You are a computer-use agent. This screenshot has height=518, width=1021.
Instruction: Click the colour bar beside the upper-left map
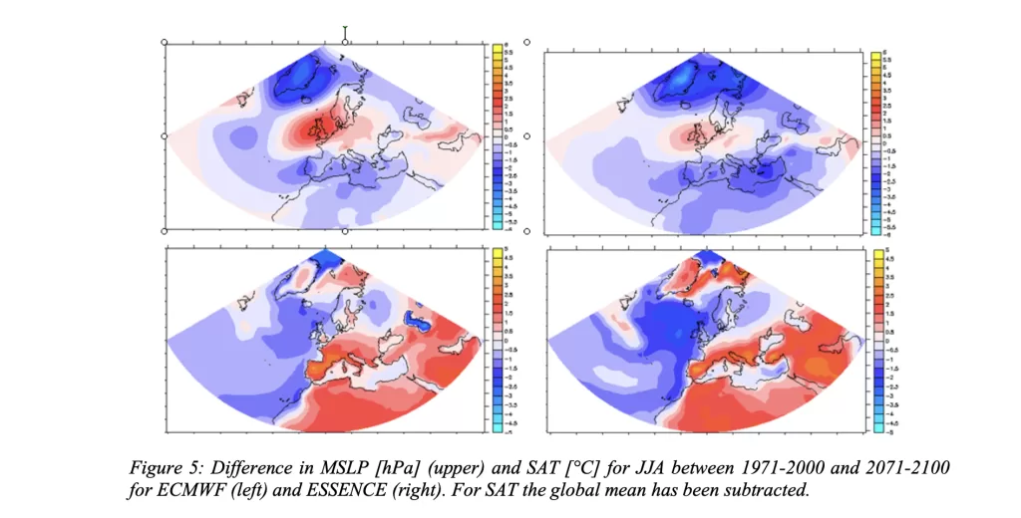pyautogui.click(x=496, y=138)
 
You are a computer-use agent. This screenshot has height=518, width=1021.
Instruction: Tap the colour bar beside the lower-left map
pyautogui.click(x=496, y=339)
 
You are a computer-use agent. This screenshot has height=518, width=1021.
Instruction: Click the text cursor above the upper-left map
pyautogui.click(x=345, y=33)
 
